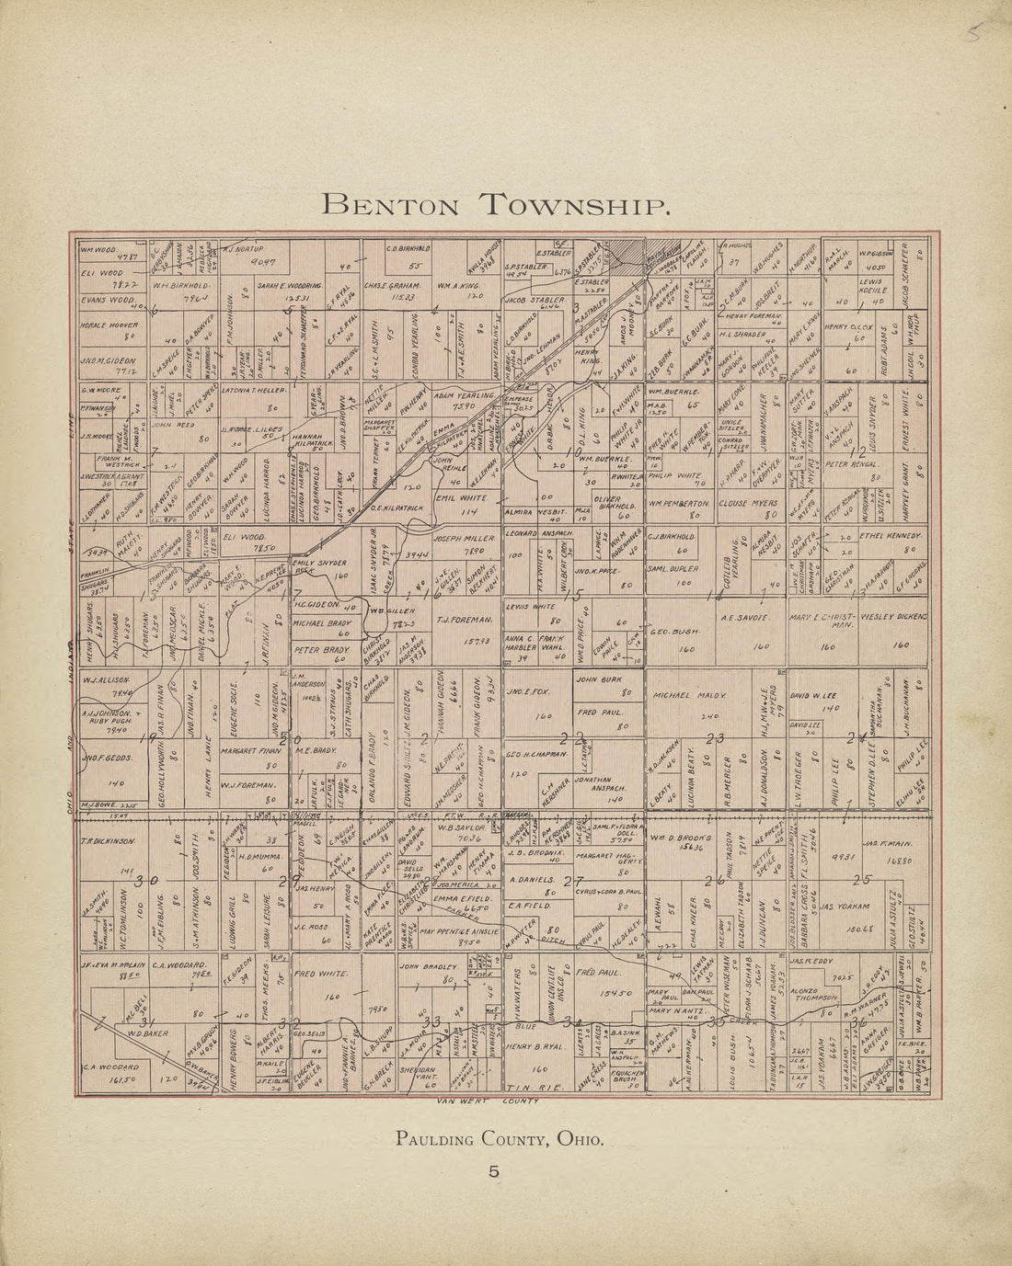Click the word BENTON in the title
pos(385,203)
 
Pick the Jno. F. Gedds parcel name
pos(109,758)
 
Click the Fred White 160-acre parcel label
pos(317,973)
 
